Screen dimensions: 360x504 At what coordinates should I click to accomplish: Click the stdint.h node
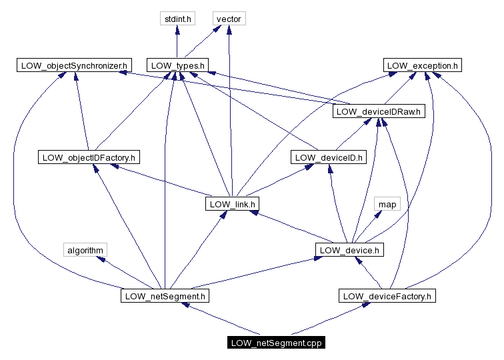point(177,19)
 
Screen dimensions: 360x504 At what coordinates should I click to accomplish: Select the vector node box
point(229,19)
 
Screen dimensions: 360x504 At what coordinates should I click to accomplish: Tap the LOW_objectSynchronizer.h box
point(74,65)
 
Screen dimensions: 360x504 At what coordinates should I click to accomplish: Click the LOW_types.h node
point(177,65)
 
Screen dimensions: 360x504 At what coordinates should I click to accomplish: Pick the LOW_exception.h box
point(423,65)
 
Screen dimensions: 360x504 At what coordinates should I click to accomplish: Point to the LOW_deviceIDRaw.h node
point(379,111)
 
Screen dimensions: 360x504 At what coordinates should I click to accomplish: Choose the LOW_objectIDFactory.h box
point(89,157)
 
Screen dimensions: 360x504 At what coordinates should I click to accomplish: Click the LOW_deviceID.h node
point(329,157)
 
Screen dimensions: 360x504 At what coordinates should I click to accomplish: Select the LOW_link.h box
point(231,203)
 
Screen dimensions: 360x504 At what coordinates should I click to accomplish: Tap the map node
point(387,203)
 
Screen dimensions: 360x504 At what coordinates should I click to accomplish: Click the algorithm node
point(85,250)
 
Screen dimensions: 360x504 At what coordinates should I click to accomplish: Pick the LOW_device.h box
point(349,250)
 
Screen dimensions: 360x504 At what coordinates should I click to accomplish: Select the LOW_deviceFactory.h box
point(387,295)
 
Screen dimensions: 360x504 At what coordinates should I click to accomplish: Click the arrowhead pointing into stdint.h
point(177,30)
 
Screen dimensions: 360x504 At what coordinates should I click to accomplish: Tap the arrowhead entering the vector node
point(229,30)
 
